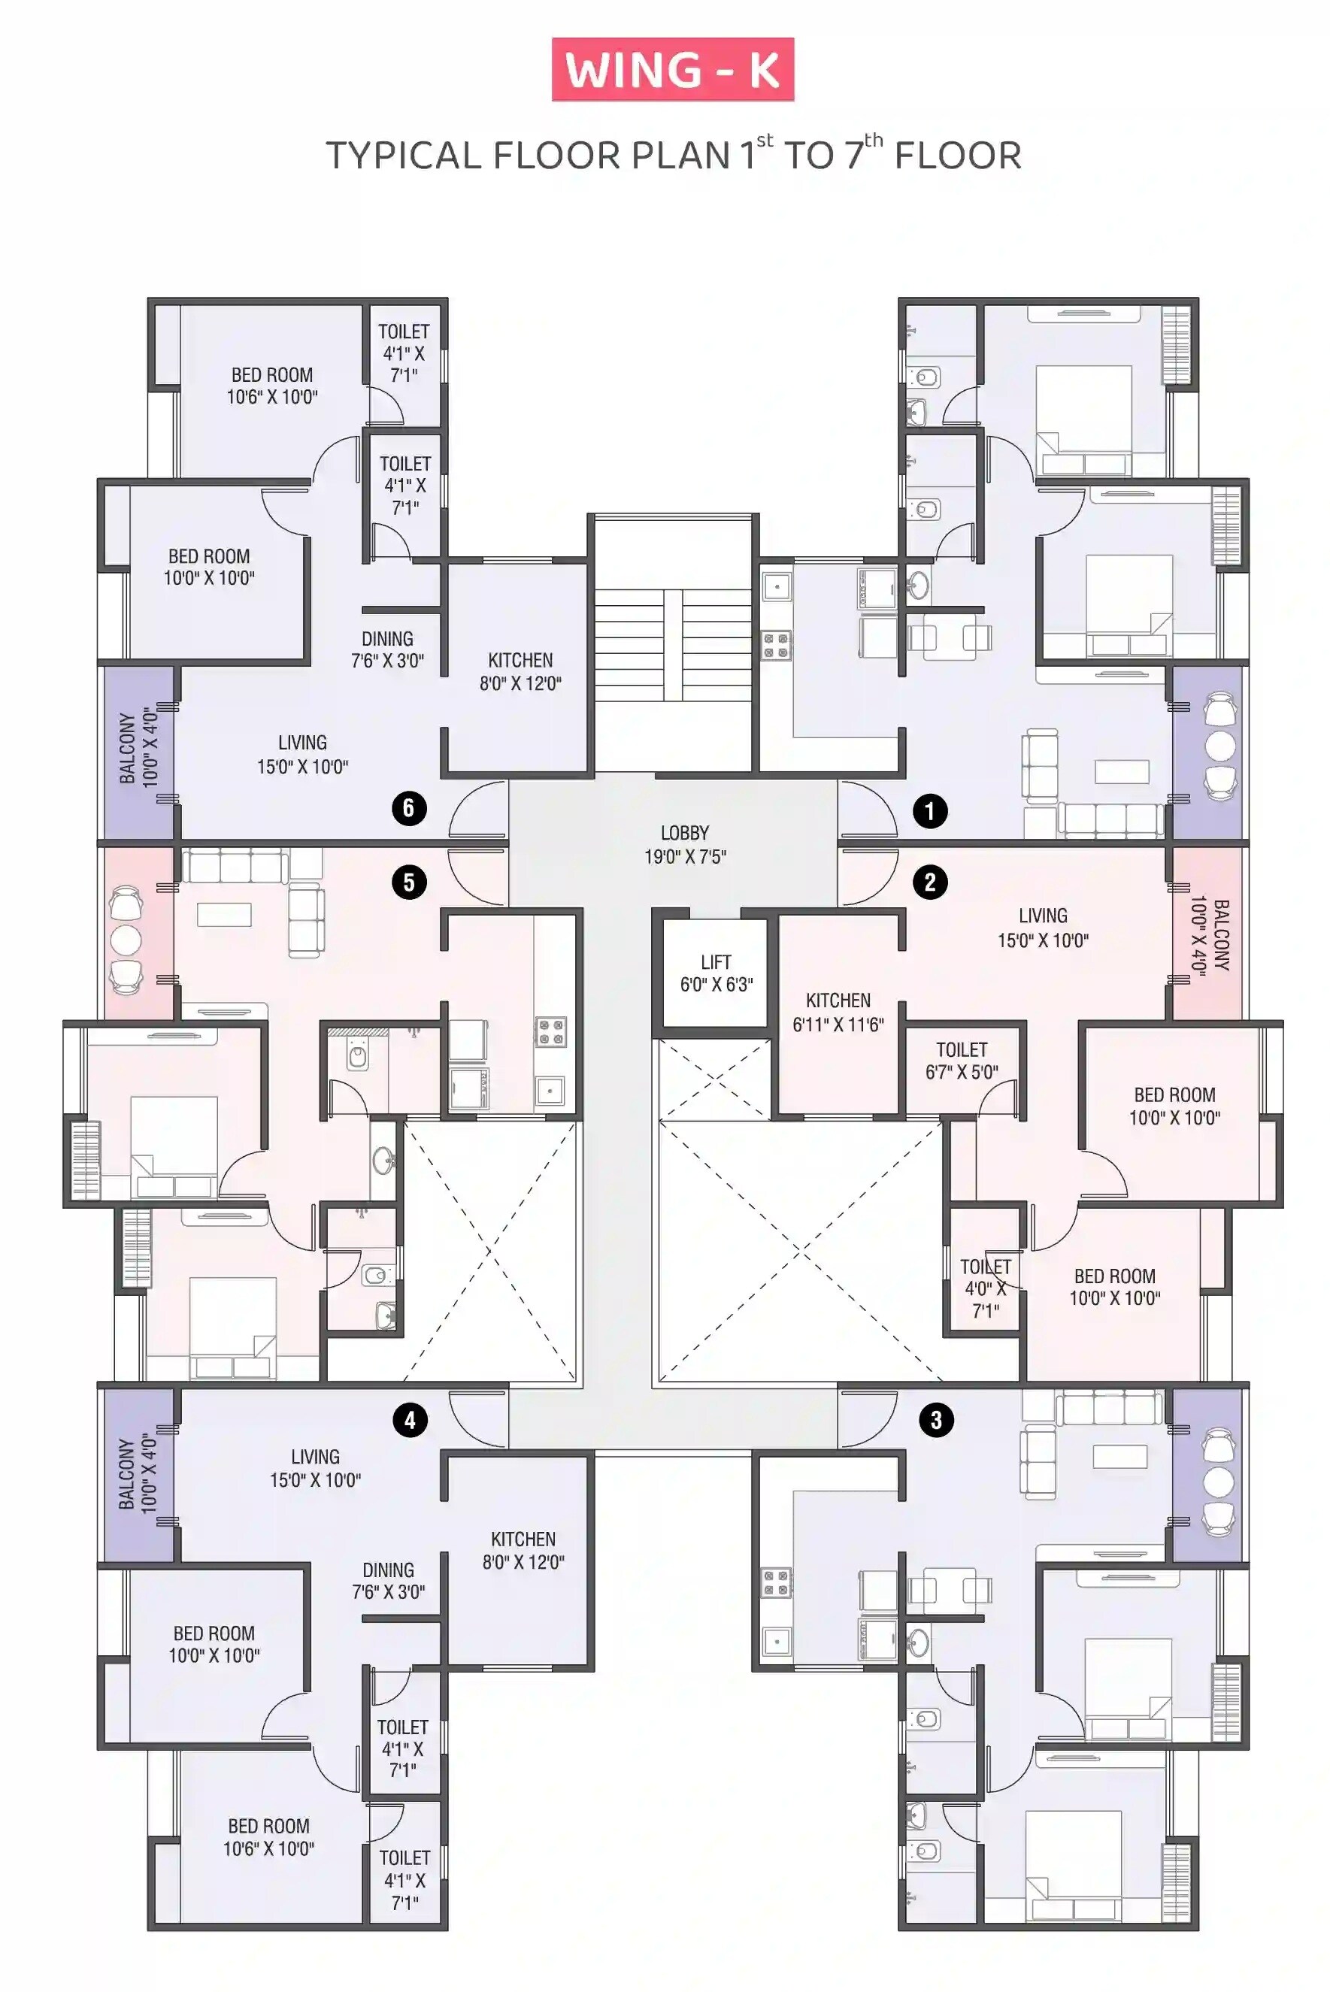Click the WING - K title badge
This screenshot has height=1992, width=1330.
[x=673, y=70]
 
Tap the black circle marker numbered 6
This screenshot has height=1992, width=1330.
[x=409, y=808]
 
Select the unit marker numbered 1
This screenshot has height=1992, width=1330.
[x=929, y=812]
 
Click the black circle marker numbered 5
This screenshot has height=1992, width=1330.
[x=409, y=882]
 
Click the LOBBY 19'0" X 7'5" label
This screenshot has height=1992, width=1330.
[x=684, y=845]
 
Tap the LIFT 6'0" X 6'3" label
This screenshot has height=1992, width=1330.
[x=716, y=973]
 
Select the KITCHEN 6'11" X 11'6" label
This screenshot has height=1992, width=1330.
[x=838, y=1013]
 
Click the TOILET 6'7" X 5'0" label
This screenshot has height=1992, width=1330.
[x=962, y=1061]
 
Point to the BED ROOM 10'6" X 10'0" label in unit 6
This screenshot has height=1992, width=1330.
[x=271, y=386]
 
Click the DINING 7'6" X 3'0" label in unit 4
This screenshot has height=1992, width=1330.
[x=389, y=1581]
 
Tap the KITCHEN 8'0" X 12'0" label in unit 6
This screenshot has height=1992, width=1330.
[x=521, y=671]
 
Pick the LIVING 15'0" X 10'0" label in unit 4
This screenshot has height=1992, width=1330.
[x=315, y=1468]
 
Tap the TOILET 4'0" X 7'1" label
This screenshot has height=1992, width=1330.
[x=985, y=1288]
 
